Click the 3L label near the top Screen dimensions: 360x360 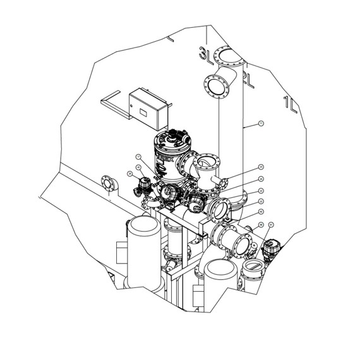[205, 55]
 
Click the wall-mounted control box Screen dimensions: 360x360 [146, 106]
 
